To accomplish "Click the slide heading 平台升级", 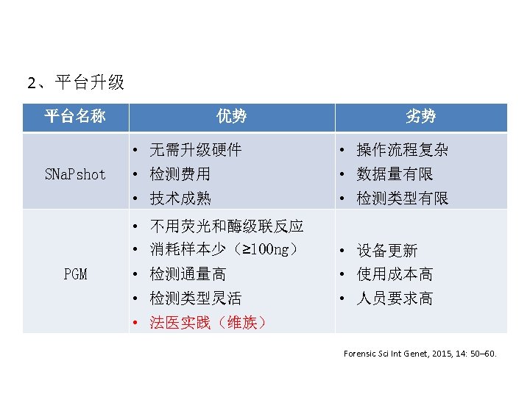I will tap(76, 82).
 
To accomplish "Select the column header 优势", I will tap(231, 116).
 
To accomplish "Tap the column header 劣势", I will tap(420, 116).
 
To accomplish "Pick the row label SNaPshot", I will tap(75, 174).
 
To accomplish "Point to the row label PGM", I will tap(75, 274).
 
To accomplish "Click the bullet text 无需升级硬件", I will tap(195, 150).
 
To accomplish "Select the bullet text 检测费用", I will tap(180, 174).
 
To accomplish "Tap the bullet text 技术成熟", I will tap(180, 198).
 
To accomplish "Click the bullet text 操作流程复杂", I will tap(402, 150).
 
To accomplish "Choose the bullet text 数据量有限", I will tap(395, 174).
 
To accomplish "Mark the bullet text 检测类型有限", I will tap(402, 198).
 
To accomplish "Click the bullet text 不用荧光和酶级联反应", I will tap(226, 226).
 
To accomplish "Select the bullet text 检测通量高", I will tap(188, 274).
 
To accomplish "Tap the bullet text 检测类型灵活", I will tap(195, 298).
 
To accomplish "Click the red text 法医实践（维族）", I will tap(208, 322).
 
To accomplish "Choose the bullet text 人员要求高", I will tap(395, 298).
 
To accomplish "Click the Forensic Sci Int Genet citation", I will tap(420, 354).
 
